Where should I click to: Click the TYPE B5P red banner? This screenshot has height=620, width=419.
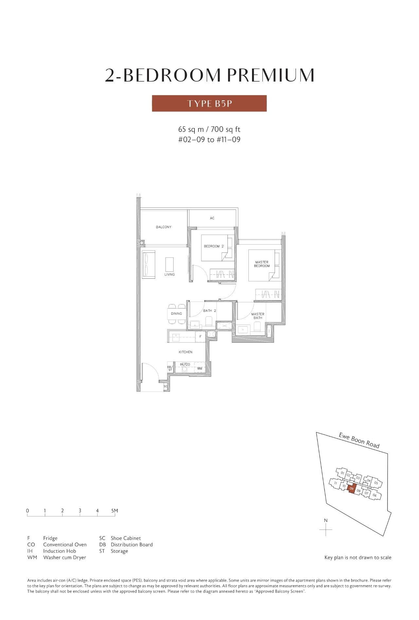[209, 103]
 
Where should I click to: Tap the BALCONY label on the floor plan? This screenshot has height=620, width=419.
[163, 227]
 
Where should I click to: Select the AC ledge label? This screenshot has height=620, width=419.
[212, 218]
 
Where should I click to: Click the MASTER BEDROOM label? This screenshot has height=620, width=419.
[262, 264]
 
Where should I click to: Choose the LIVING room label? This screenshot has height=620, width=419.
[170, 274]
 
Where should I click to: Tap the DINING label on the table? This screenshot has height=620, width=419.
[176, 313]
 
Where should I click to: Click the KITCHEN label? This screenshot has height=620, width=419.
[186, 352]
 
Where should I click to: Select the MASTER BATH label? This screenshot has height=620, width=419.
[258, 316]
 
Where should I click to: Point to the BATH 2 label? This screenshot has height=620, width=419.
[209, 310]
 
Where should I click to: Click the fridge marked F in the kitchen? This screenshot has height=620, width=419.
[200, 336]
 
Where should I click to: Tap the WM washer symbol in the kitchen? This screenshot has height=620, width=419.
[200, 369]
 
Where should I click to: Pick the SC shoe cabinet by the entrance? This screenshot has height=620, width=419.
[166, 386]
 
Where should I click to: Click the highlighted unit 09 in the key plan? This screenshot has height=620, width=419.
[351, 489]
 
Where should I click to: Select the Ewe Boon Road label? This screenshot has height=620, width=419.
[359, 440]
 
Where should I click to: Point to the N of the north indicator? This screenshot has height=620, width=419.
[326, 520]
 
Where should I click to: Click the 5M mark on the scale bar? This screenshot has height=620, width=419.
[114, 510]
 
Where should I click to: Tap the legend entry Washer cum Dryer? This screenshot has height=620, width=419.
[64, 557]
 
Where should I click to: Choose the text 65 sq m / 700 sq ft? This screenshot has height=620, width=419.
[209, 130]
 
